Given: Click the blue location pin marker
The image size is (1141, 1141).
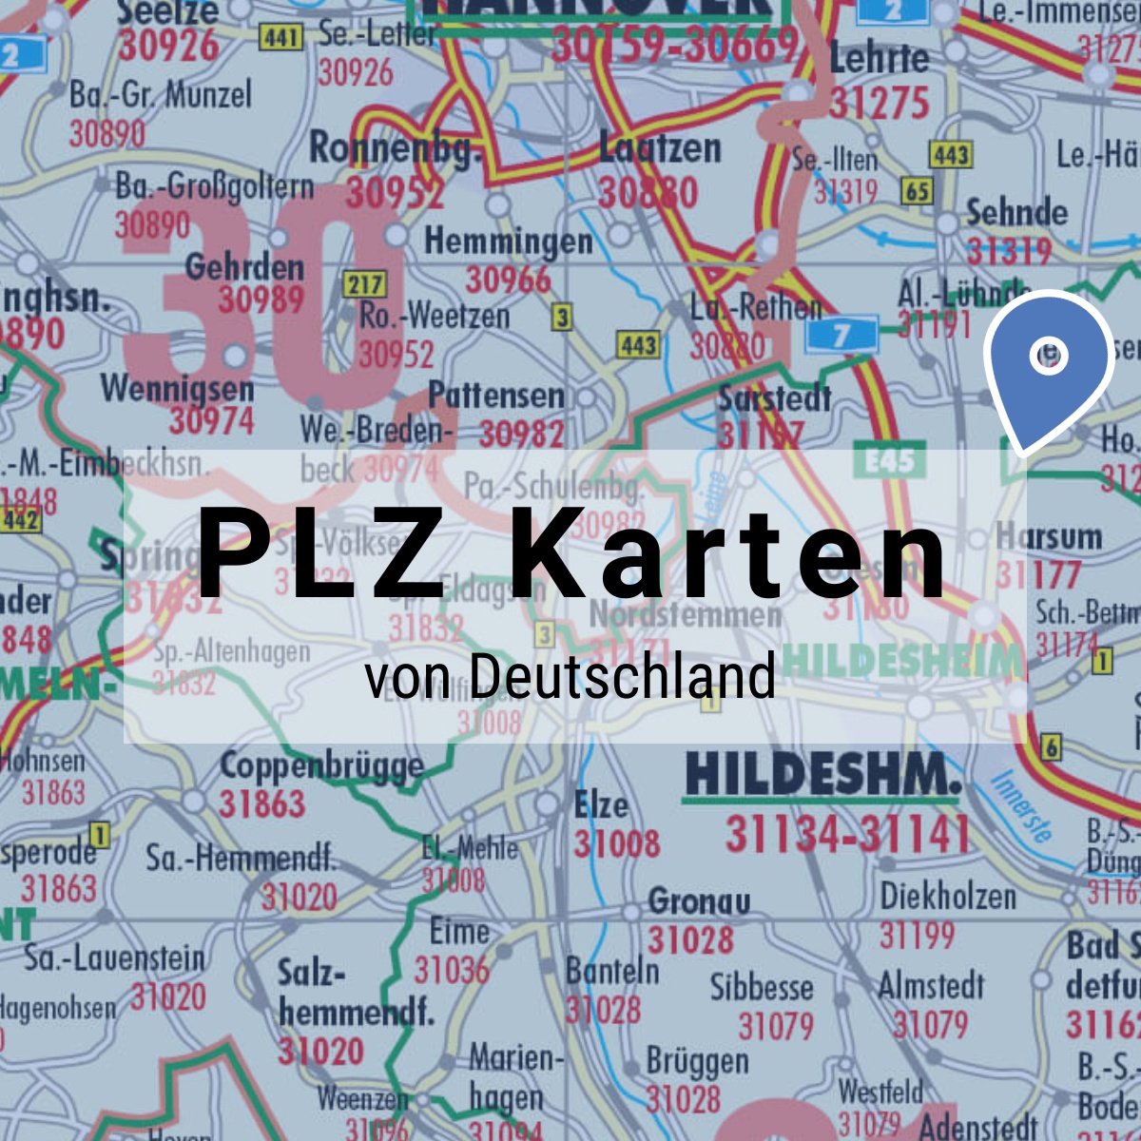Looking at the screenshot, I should (x=1048, y=365).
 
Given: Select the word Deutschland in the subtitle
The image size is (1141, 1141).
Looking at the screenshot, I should (x=622, y=676).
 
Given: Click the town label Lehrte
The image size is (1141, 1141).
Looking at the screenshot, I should (x=880, y=59).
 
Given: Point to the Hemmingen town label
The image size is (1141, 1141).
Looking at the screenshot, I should (x=509, y=242).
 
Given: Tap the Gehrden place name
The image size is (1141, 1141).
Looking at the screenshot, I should (x=244, y=267).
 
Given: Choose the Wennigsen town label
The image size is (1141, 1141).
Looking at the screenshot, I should (x=177, y=388).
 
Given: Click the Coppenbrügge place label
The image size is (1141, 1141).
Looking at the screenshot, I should (x=321, y=765).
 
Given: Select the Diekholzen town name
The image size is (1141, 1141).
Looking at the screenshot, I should (x=948, y=896).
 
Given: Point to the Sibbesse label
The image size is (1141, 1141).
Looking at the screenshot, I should (x=762, y=988).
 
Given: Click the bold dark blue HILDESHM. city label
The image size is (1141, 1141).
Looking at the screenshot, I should (x=822, y=775).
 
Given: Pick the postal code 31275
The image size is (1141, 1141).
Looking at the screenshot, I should (x=880, y=103).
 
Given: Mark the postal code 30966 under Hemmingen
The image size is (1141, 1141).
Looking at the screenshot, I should (x=508, y=280).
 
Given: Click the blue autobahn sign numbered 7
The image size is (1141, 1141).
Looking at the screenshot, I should (x=841, y=335).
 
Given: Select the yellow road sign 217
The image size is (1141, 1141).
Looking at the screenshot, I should (x=365, y=283).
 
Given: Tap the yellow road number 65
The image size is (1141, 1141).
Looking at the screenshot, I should (x=917, y=191).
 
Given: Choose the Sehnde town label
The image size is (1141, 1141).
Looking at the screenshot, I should (x=1016, y=212).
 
